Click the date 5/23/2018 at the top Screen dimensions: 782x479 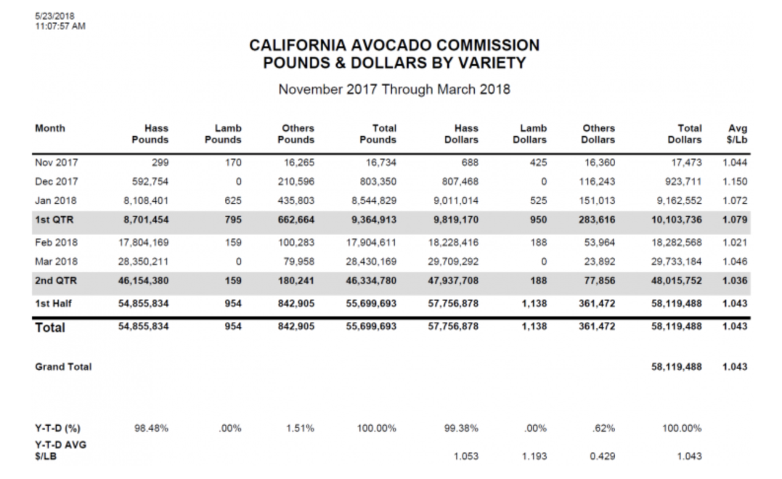[x=55, y=16]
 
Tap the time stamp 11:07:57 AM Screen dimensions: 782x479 [x=60, y=26]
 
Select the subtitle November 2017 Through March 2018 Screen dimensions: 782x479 [x=394, y=89]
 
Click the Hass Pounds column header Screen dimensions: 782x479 [x=150, y=134]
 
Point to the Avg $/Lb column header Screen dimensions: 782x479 [x=737, y=134]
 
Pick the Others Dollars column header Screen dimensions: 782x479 [x=598, y=134]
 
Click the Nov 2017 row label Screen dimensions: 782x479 [x=57, y=163]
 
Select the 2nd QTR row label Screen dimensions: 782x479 [x=56, y=280]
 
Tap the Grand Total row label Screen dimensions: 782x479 [x=63, y=367]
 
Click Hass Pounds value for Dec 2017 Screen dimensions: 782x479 [x=150, y=181]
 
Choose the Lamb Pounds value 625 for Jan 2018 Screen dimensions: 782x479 [x=233, y=201]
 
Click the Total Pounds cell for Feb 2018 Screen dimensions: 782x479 [x=371, y=243]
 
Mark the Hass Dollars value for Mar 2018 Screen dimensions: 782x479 [x=453, y=261]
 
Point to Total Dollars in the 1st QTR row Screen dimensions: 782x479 [x=676, y=219]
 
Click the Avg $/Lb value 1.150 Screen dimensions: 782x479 [x=735, y=181]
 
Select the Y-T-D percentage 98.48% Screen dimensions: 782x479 [x=152, y=428]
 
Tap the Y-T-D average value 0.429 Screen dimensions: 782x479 [x=602, y=456]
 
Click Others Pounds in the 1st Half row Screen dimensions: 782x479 [x=296, y=304]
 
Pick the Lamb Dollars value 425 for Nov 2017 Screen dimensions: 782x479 [x=538, y=163]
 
